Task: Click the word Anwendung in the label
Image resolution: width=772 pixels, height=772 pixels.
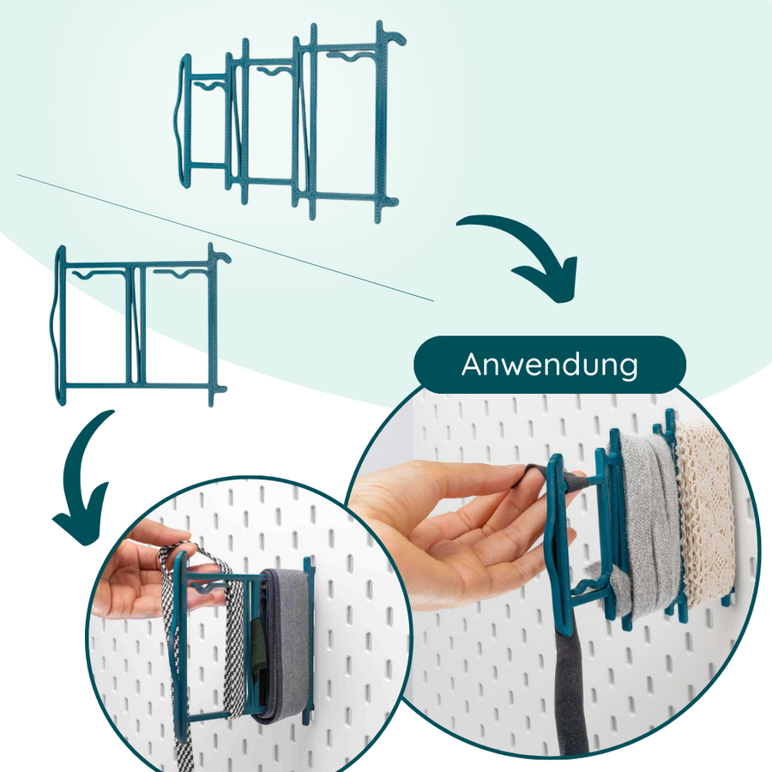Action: [549, 365]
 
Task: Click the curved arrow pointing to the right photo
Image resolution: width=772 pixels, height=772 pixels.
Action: [524, 254]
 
